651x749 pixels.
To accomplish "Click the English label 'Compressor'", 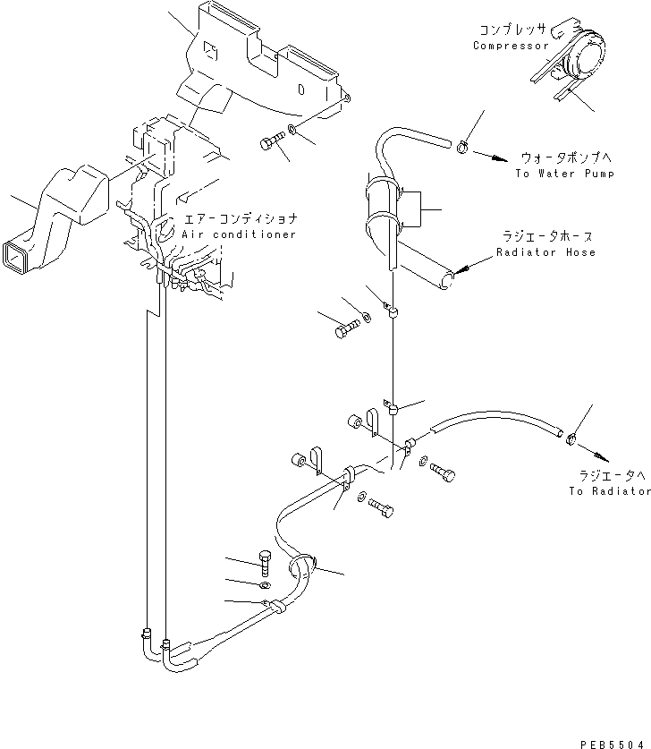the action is (x=511, y=46).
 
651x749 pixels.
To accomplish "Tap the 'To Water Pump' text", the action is (x=564, y=174).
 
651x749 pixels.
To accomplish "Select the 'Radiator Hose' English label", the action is (x=546, y=252).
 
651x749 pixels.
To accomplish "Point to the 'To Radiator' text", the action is (x=610, y=491).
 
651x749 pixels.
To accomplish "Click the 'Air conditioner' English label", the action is (x=239, y=234).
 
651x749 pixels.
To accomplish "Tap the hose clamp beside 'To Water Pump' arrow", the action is (x=462, y=147).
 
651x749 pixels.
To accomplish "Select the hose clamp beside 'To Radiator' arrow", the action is (x=571, y=439).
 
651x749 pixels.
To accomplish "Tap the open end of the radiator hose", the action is (x=446, y=280).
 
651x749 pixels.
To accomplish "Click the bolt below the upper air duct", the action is (x=272, y=140).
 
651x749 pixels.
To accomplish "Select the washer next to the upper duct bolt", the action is (x=292, y=129).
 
